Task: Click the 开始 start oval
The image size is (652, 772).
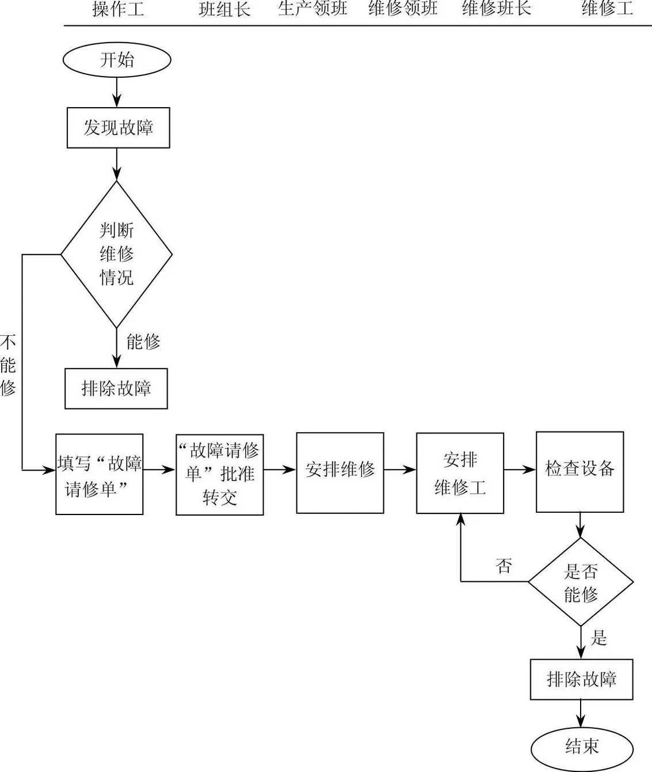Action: click(117, 60)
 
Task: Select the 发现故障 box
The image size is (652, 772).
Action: click(118, 127)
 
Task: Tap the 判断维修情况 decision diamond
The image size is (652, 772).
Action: click(116, 254)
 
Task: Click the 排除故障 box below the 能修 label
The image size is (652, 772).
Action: click(116, 388)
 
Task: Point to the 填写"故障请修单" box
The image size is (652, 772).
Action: click(99, 474)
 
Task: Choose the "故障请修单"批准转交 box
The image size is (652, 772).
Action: click(219, 474)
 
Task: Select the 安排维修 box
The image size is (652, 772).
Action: click(340, 472)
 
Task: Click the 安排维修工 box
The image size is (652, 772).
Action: click(460, 473)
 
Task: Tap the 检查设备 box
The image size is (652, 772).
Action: click(579, 472)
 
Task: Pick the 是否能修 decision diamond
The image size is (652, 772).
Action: click(581, 582)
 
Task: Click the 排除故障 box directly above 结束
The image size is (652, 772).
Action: click(581, 679)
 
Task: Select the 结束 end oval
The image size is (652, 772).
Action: click(581, 747)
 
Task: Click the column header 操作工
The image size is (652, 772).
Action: click(118, 9)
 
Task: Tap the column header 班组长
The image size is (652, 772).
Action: click(224, 9)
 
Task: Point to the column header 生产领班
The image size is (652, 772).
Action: click(312, 9)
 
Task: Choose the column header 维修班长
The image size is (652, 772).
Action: click(496, 9)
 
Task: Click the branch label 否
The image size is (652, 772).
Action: click(504, 566)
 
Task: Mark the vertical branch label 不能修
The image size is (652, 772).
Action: click(8, 365)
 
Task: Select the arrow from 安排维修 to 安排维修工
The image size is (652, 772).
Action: click(400, 470)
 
